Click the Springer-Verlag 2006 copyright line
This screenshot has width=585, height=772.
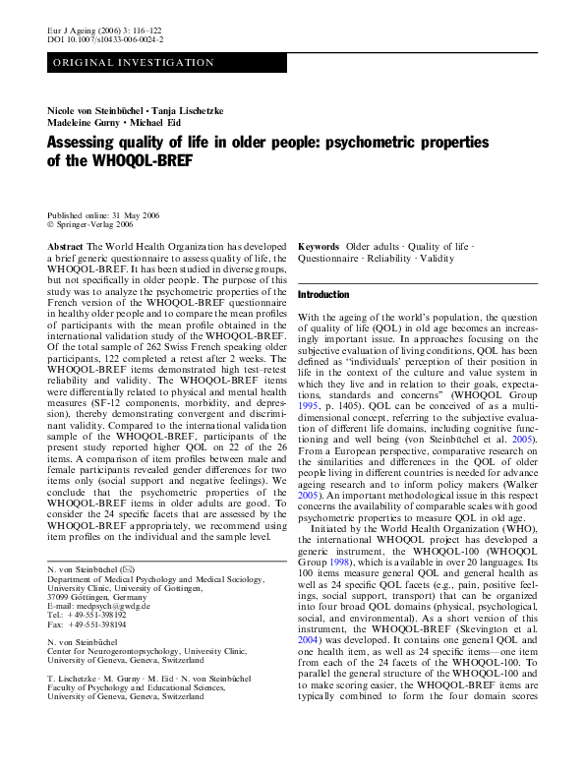coord(97,224)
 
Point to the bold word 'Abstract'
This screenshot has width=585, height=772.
coord(65,247)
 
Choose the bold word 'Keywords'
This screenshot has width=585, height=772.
coord(319,246)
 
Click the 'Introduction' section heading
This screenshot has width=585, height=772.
coord(323,295)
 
